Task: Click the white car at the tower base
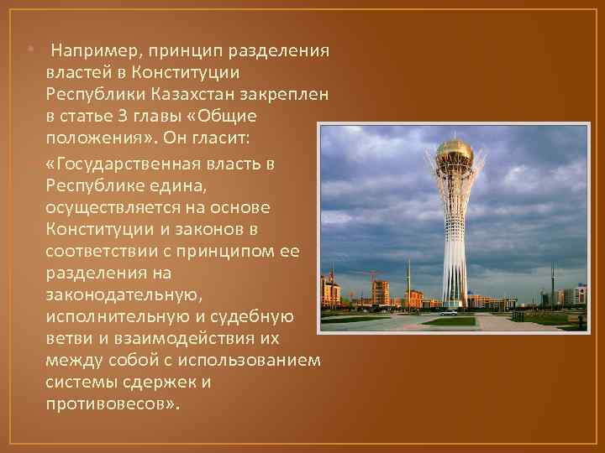point(450,313)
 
